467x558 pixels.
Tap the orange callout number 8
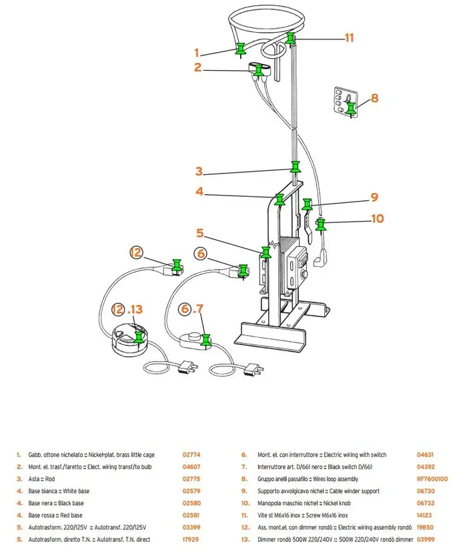coord(374,98)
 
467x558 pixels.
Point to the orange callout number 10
coord(377,218)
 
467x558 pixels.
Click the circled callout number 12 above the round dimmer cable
coord(136,252)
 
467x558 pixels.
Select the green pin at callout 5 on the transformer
coord(266,253)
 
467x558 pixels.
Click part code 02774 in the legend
coord(191,455)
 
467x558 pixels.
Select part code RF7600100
coord(432,479)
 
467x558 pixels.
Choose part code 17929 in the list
coord(191,539)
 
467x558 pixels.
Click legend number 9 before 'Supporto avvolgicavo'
coord(244,491)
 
